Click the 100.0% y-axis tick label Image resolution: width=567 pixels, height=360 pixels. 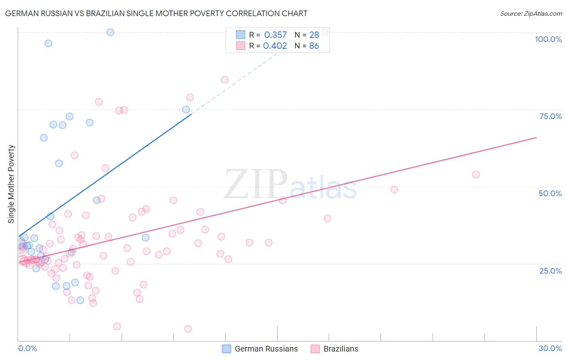(x=548, y=39)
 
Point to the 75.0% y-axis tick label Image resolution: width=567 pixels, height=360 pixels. (x=550, y=116)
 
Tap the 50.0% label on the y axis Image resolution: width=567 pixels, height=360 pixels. (x=550, y=193)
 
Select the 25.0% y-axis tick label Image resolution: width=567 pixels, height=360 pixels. (x=550, y=271)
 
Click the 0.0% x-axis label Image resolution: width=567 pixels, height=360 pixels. (x=27, y=348)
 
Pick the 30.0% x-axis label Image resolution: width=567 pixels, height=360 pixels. (x=550, y=348)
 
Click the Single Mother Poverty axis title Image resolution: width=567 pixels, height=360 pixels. (x=11, y=184)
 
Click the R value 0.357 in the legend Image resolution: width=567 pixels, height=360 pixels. (x=275, y=35)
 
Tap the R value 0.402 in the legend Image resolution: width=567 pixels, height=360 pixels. (x=275, y=46)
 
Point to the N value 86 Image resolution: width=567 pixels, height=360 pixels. (x=314, y=46)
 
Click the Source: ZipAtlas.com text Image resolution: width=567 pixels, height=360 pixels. (x=531, y=14)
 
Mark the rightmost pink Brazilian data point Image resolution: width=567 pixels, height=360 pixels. (x=476, y=174)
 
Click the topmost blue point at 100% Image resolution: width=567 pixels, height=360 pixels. (x=110, y=32)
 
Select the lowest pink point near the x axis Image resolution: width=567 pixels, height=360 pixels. (x=188, y=329)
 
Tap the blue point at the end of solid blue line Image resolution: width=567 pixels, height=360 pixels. (x=186, y=109)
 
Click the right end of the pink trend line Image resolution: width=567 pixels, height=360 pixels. (x=536, y=138)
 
